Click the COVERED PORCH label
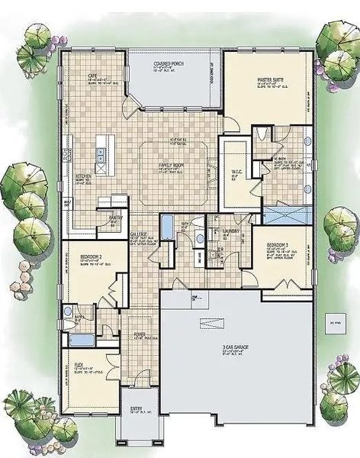[x=172, y=63]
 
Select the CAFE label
[x=92, y=76]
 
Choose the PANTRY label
[x=116, y=217]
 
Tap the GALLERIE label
[x=138, y=236]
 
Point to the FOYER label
[x=140, y=334]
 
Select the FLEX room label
[x=79, y=364]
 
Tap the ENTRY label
[x=137, y=409]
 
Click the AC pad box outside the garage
[x=333, y=319]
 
